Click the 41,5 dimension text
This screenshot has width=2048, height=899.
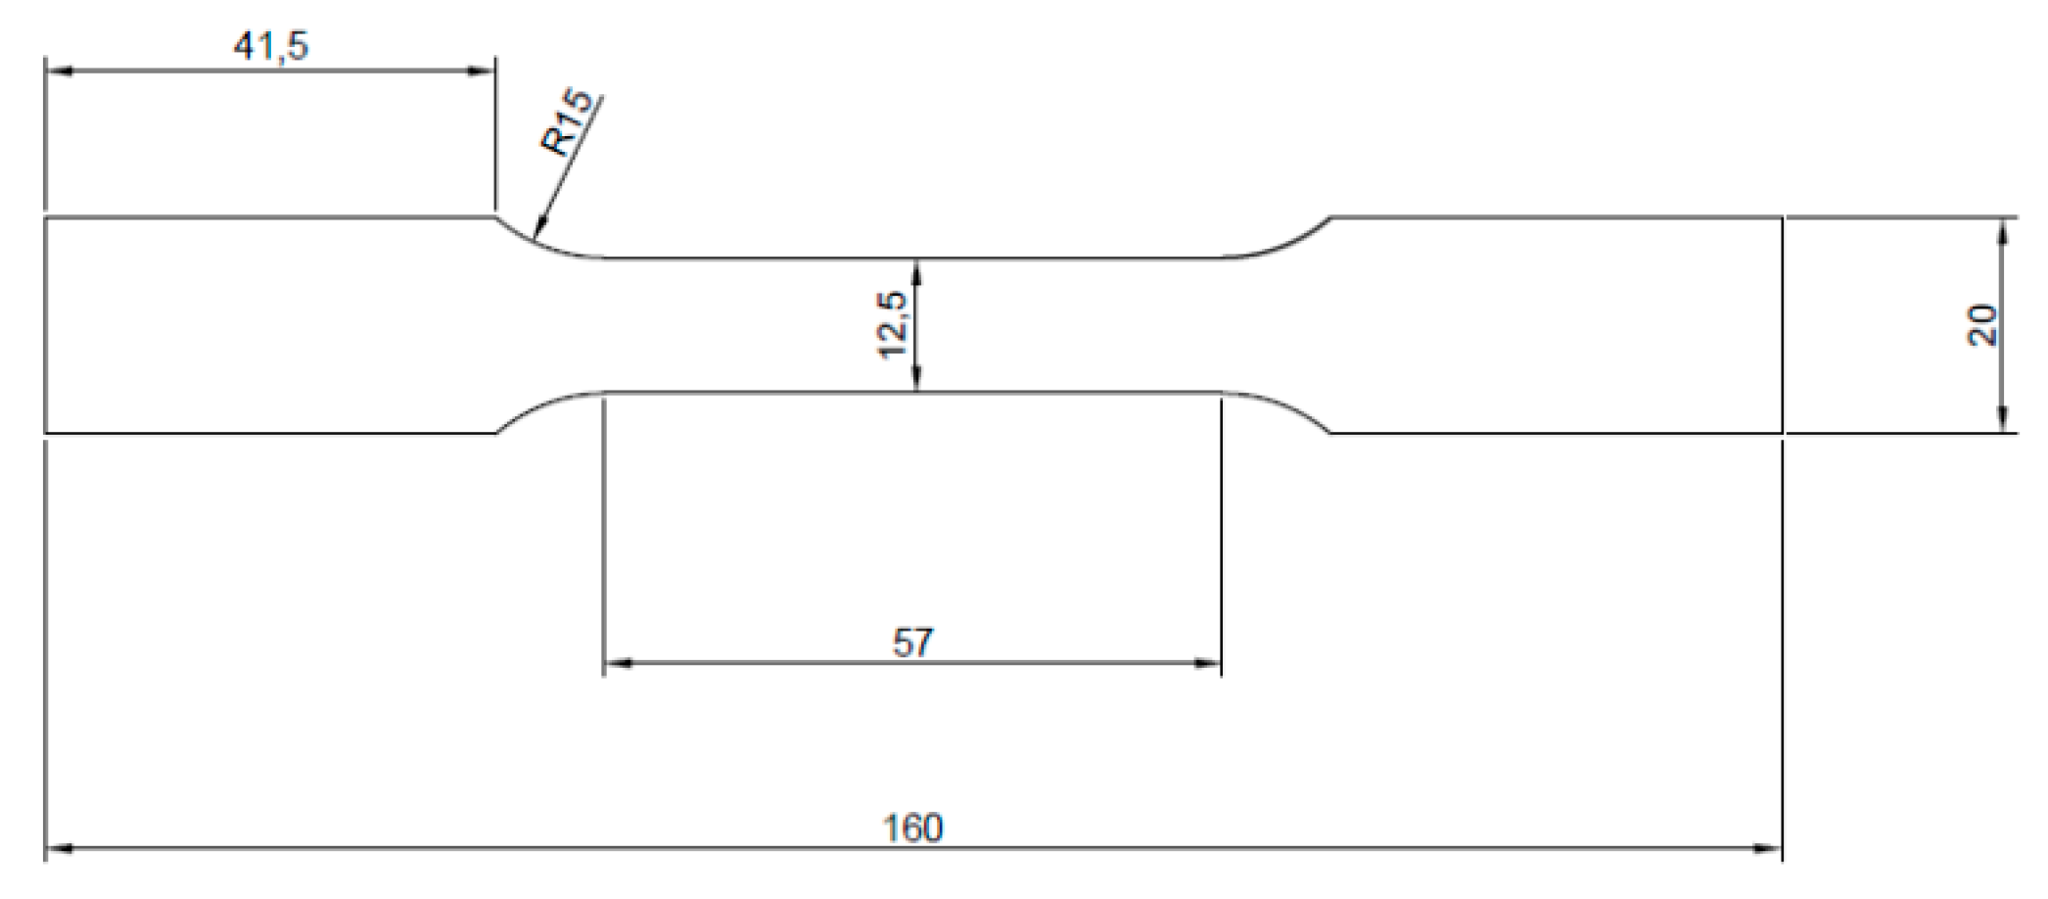point(270,45)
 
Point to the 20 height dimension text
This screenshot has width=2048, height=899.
point(1980,325)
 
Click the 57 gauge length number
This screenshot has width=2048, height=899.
point(912,643)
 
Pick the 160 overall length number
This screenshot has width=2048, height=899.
point(912,828)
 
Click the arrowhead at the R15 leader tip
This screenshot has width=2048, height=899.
point(537,232)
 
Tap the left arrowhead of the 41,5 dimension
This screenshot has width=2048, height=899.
point(59,71)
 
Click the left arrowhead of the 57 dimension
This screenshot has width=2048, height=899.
point(617,664)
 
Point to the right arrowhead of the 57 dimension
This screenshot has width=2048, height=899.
point(1208,664)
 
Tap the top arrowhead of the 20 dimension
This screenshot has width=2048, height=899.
point(2003,230)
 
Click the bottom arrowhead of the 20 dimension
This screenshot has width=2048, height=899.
point(2003,419)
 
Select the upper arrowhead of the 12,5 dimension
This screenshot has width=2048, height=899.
point(916,271)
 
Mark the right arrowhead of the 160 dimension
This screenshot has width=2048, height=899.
point(1768,848)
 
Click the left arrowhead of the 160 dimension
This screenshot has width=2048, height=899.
point(59,848)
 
